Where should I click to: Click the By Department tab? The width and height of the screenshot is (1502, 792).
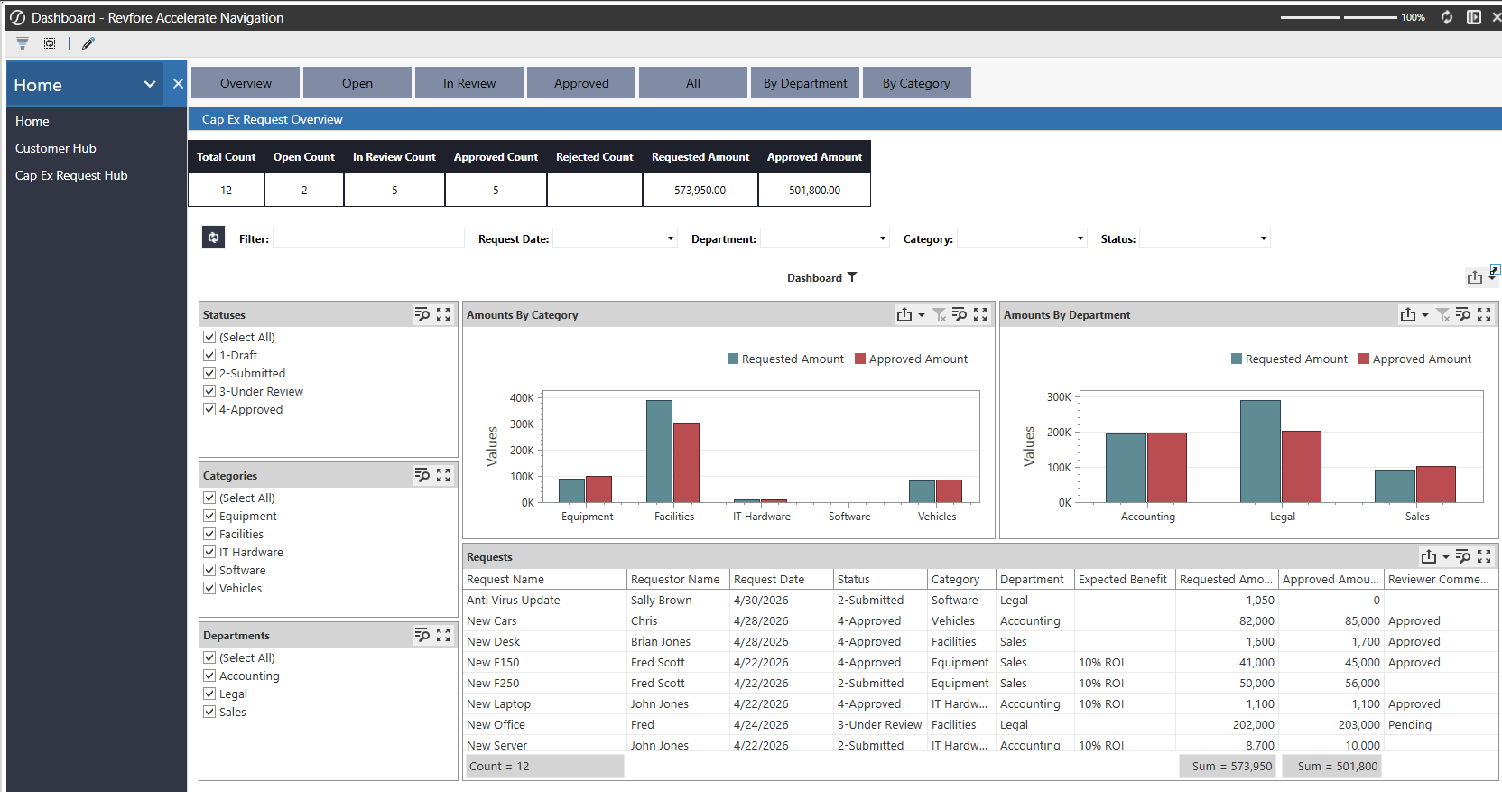click(804, 82)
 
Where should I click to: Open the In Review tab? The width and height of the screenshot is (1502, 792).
click(468, 82)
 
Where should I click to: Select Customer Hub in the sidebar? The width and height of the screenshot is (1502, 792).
click(56, 148)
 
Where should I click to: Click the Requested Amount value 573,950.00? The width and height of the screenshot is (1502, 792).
click(700, 190)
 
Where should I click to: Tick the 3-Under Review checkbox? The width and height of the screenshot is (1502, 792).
click(209, 391)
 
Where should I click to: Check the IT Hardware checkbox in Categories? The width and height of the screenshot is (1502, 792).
click(209, 552)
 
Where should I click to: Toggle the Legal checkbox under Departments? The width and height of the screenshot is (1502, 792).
click(209, 694)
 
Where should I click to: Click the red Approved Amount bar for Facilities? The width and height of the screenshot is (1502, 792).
click(686, 462)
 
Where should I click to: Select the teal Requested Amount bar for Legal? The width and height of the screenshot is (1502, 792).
click(1260, 452)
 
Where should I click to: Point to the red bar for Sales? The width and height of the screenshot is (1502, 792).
click(1435, 484)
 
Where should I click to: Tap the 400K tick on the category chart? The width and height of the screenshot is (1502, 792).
click(522, 397)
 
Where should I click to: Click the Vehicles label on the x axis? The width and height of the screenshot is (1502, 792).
click(937, 517)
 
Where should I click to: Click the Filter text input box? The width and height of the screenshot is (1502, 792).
click(368, 238)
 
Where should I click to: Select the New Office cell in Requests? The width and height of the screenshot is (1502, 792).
click(496, 724)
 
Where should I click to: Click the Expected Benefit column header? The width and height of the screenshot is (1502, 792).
click(1123, 579)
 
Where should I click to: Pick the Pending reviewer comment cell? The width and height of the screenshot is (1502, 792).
click(1409, 724)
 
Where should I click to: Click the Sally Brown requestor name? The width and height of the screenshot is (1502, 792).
click(661, 600)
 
